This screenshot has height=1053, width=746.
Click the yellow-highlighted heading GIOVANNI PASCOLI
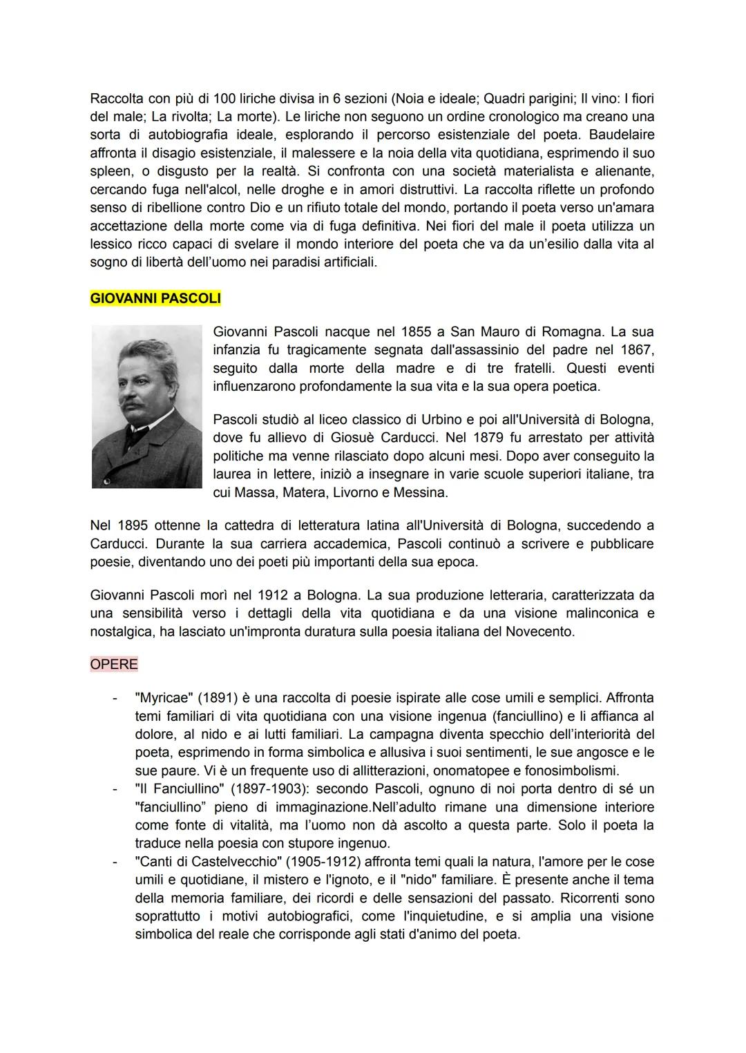(155, 299)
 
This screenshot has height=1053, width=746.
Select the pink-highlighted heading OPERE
(114, 664)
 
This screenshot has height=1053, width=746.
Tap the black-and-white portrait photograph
(146, 407)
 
